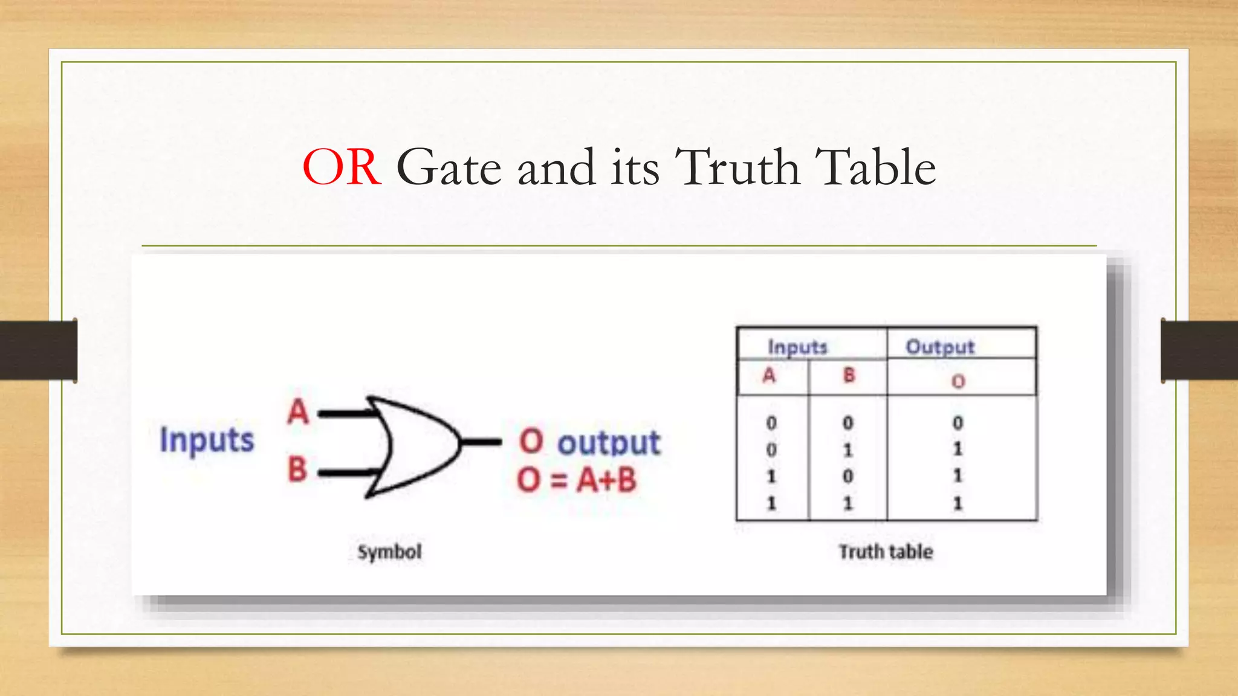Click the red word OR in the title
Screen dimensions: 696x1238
[x=342, y=167]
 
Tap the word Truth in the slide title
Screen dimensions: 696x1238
[x=737, y=167]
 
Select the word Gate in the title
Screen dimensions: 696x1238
[x=449, y=167]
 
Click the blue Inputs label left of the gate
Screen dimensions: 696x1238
[x=207, y=439]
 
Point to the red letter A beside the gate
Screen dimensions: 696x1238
[x=298, y=412]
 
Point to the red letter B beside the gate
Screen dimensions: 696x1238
[x=297, y=469]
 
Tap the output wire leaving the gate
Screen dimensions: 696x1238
[x=482, y=442]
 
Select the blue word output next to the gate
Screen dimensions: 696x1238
[x=609, y=443]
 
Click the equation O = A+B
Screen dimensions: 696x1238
[x=577, y=480]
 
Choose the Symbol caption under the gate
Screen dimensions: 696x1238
[x=389, y=552]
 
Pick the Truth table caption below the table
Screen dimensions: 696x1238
[x=886, y=552]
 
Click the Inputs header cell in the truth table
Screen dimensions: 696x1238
[x=797, y=347]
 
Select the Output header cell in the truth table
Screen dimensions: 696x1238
[x=940, y=347]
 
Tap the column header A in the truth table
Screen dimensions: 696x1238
[x=769, y=376]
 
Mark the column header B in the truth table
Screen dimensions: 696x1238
[x=849, y=376]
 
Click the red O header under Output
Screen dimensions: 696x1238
[x=958, y=381]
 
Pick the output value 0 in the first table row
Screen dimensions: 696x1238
[x=958, y=423]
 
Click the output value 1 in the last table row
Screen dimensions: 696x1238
[x=958, y=503]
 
